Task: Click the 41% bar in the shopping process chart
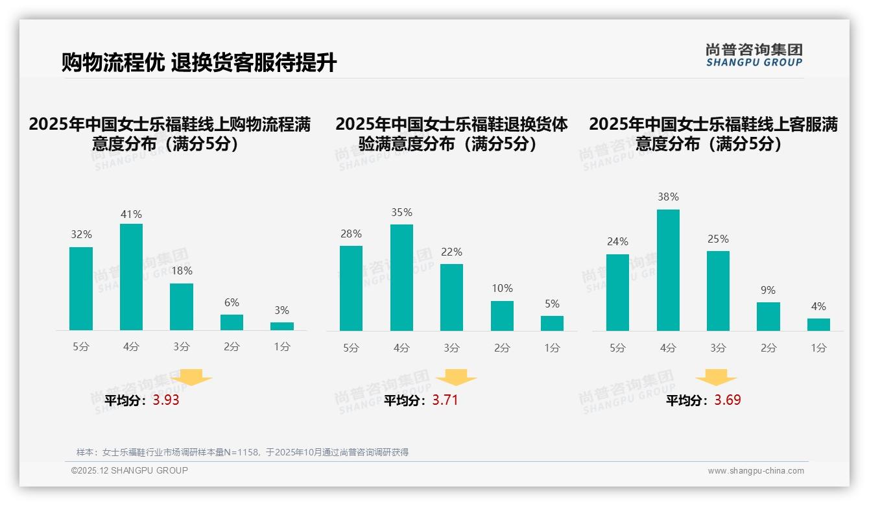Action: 131,277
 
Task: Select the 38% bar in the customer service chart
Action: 668,270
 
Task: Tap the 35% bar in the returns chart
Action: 401,278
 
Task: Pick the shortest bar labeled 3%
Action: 281,326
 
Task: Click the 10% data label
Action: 502,288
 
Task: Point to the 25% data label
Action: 718,239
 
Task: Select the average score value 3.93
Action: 166,400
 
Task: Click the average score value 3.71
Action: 445,400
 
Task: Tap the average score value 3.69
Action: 728,400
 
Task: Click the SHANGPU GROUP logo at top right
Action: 754,55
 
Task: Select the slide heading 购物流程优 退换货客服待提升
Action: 199,63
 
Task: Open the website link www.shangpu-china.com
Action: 756,471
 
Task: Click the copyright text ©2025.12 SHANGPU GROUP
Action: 130,470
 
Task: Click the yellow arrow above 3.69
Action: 716,378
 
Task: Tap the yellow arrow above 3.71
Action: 456,378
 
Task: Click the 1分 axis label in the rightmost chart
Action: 818,348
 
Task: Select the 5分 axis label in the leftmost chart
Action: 81,346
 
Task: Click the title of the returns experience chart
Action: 451,134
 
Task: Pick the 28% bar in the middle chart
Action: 351,288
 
